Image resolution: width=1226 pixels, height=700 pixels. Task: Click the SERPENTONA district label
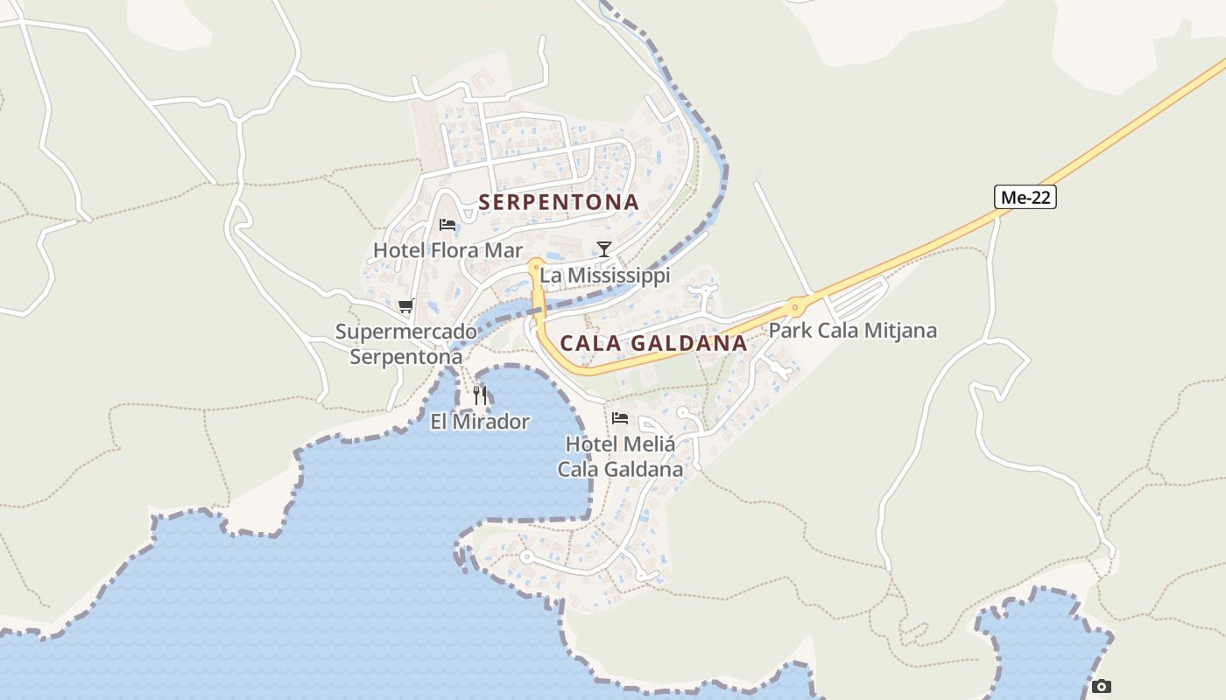click(559, 202)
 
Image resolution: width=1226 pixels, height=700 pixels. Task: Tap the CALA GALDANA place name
click(653, 343)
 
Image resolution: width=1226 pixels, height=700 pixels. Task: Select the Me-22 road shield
click(1025, 197)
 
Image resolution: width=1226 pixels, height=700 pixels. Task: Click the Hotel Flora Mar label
click(447, 250)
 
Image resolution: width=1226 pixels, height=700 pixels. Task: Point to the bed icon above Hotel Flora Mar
click(447, 225)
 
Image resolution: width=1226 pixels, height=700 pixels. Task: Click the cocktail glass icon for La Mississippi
click(603, 249)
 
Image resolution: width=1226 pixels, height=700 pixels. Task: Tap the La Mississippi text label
click(604, 276)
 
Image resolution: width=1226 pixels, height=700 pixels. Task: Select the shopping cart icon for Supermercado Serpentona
click(405, 305)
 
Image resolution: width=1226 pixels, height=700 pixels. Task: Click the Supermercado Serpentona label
click(406, 344)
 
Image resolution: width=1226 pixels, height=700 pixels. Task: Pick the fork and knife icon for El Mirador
click(480, 395)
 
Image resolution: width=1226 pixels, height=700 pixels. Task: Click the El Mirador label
click(480, 422)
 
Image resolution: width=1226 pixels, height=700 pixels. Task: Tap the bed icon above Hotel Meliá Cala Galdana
click(620, 417)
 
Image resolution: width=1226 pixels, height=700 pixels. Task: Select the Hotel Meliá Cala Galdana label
click(620, 456)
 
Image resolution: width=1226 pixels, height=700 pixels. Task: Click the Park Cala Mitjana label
click(852, 331)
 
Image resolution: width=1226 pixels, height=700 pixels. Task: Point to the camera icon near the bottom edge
click(1102, 686)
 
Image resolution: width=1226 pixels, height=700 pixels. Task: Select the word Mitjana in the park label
click(903, 331)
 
